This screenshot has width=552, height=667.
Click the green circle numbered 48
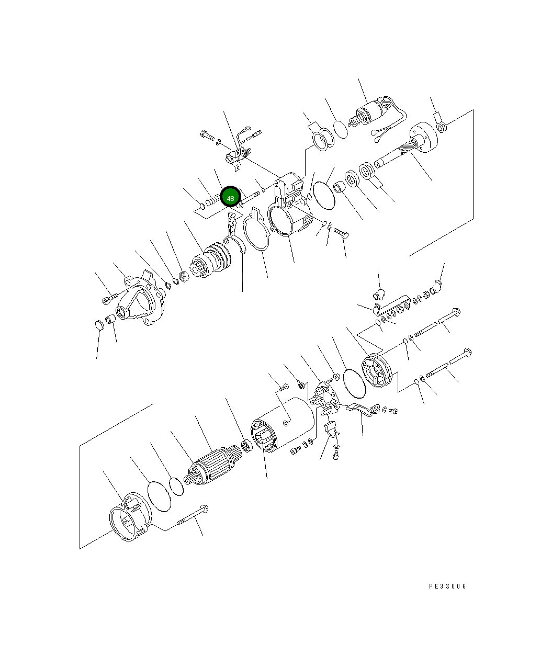(230, 197)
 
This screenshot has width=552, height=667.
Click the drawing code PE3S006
(447, 586)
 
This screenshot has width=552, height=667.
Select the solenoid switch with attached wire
(377, 115)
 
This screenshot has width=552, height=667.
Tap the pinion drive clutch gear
(210, 259)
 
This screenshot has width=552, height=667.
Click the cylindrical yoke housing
(283, 424)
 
